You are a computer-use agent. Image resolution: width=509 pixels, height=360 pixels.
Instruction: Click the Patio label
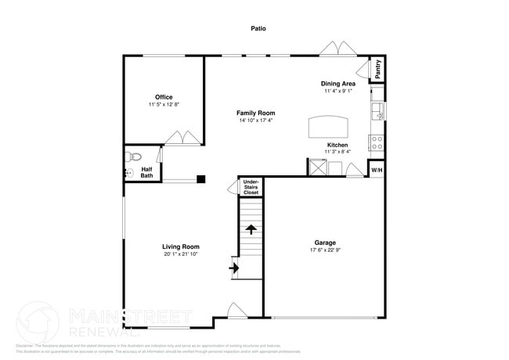pyautogui.click(x=258, y=28)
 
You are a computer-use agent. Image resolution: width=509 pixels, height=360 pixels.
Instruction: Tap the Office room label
pyautogui.click(x=164, y=97)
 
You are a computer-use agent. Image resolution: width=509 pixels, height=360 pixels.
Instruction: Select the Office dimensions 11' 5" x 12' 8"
pyautogui.click(x=164, y=105)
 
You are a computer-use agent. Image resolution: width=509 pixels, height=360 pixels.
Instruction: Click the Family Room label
pyautogui.click(x=256, y=113)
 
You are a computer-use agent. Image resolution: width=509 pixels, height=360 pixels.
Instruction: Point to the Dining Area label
pyautogui.click(x=338, y=83)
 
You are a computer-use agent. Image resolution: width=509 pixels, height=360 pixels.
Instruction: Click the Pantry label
pyautogui.click(x=377, y=69)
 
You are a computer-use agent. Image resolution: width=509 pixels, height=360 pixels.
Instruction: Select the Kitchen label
pyautogui.click(x=338, y=145)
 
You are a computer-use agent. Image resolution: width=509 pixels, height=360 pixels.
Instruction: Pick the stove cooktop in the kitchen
pyautogui.click(x=377, y=143)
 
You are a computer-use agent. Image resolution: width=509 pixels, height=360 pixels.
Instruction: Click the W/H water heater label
pyautogui.click(x=377, y=170)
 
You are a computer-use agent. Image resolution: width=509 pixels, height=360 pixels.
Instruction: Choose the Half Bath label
pyautogui.click(x=147, y=172)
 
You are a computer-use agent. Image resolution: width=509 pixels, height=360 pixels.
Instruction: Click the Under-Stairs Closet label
pyautogui.click(x=251, y=187)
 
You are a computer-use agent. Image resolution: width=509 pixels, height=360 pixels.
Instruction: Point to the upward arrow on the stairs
pyautogui.click(x=251, y=229)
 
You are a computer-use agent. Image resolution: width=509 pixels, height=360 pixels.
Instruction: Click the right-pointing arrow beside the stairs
pyautogui.click(x=233, y=268)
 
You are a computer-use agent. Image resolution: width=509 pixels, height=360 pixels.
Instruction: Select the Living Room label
pyautogui.click(x=181, y=247)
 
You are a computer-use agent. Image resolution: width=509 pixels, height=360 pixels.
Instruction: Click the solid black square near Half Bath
pyautogui.click(x=201, y=179)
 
